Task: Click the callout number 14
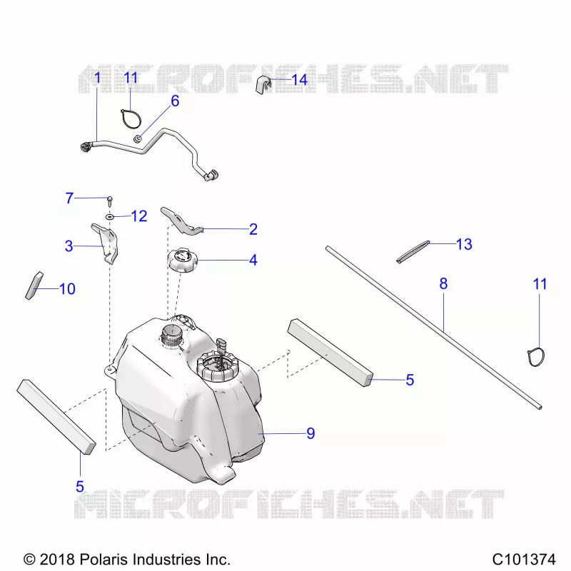click(299, 80)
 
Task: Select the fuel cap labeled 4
click(183, 260)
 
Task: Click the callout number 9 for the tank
click(310, 433)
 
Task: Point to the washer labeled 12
click(110, 217)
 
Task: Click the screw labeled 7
click(110, 201)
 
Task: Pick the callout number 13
click(464, 244)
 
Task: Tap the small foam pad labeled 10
click(34, 286)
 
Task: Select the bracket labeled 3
click(105, 243)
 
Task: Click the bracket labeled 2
click(181, 222)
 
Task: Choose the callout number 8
click(443, 283)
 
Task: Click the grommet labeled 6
click(138, 138)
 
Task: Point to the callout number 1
click(97, 78)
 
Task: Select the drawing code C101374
click(524, 559)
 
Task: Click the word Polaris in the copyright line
click(102, 559)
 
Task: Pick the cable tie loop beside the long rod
click(536, 357)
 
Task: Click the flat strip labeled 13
click(413, 252)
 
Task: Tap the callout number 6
click(175, 101)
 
